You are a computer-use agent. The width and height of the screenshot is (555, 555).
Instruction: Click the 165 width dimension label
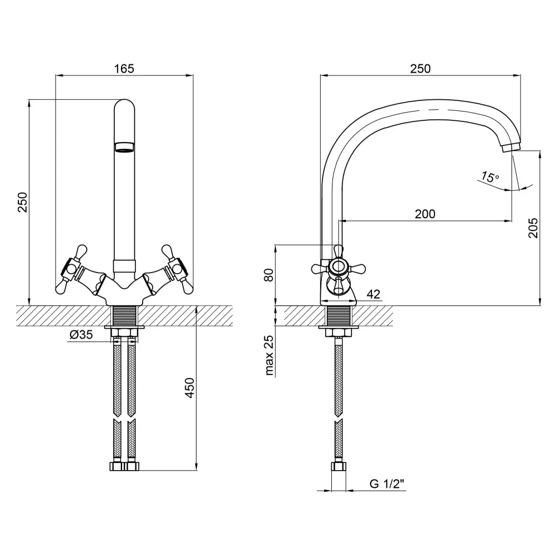[x=124, y=69]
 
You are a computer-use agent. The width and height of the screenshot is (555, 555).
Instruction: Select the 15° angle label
[x=490, y=178]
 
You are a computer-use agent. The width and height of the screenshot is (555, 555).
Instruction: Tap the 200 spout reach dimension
[x=425, y=214]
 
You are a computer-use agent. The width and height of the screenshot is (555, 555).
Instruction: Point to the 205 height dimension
[x=533, y=228]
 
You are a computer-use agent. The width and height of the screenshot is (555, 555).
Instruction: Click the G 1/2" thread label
[x=387, y=484]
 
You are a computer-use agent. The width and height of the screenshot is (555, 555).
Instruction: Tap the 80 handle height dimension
[x=269, y=275]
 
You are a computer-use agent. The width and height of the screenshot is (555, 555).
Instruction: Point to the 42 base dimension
[x=374, y=294]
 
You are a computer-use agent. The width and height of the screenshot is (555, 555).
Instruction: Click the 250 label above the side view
[x=420, y=69]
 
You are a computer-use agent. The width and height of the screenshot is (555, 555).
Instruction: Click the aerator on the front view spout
[x=124, y=147]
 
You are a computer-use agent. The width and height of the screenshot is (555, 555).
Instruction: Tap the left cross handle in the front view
[x=71, y=268]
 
